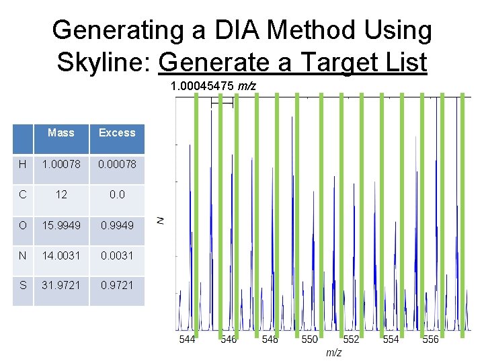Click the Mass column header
point(61,132)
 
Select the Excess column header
point(117,132)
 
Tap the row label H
point(23,164)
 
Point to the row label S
point(23,285)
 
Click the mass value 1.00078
point(61,164)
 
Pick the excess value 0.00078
point(117,164)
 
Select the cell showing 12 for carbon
point(61,194)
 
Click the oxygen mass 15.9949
point(61,225)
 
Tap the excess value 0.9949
point(117,225)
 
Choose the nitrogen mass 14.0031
point(61,255)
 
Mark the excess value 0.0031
point(117,255)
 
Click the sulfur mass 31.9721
point(61,285)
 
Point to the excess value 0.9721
point(117,285)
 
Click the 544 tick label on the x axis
point(188,339)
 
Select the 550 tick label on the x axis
point(309,339)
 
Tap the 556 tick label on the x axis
point(430,339)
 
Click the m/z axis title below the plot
point(333,352)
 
